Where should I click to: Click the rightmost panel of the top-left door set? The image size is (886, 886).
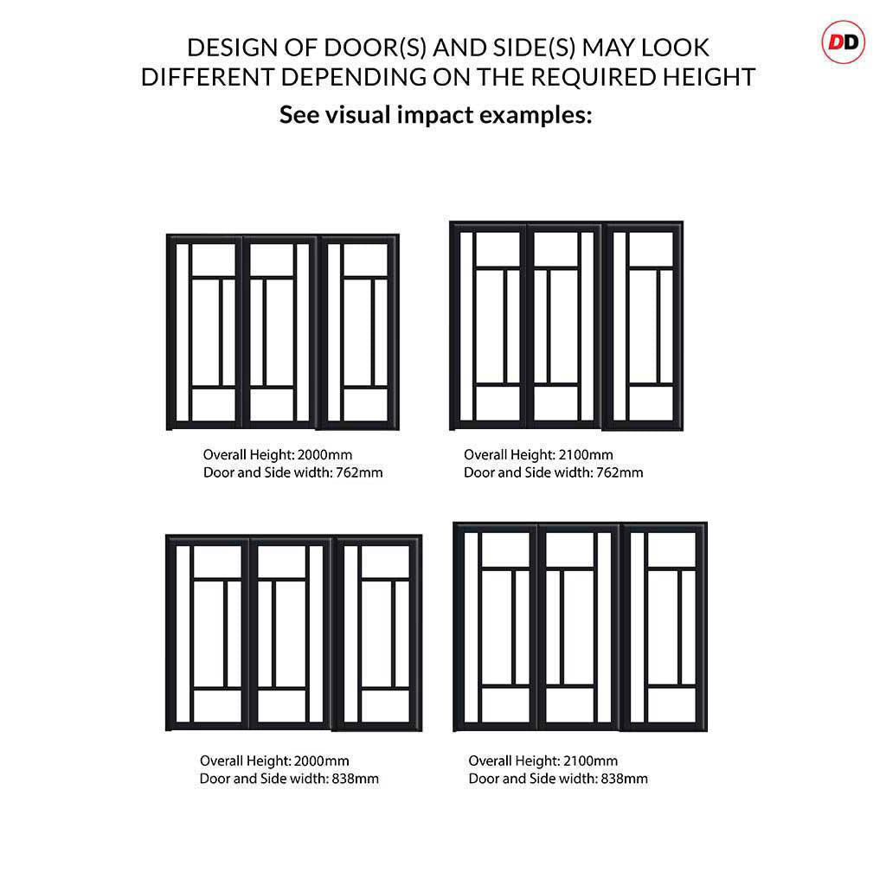(x=359, y=332)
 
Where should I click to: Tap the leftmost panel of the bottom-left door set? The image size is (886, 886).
(x=208, y=632)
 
